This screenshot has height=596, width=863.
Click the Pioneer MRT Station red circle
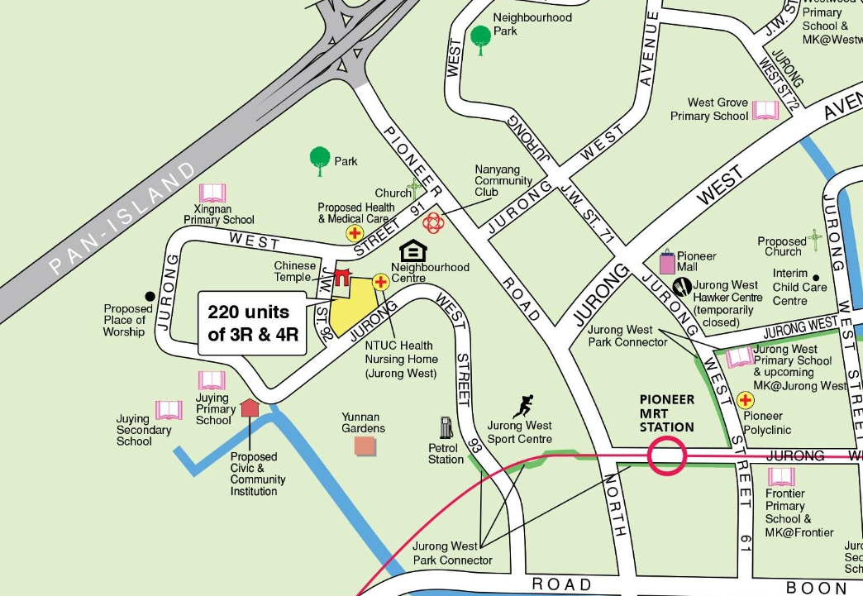[667, 455]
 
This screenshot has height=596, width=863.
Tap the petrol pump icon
[446, 427]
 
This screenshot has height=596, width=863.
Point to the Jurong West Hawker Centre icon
[682, 287]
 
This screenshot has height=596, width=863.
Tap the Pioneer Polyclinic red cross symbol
[746, 401]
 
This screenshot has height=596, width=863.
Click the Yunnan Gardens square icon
[365, 446]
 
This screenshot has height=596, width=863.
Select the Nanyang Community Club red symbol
[434, 222]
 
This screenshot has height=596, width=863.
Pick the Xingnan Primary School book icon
[212, 193]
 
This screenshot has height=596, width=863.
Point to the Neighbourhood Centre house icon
[412, 251]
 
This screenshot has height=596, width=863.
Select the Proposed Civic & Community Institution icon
[250, 408]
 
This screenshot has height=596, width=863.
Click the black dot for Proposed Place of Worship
[150, 296]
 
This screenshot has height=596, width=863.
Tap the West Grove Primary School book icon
[765, 110]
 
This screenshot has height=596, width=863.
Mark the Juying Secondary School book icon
[169, 410]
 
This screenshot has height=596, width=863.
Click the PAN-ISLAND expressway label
[125, 219]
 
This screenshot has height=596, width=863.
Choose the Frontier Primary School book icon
[780, 477]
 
